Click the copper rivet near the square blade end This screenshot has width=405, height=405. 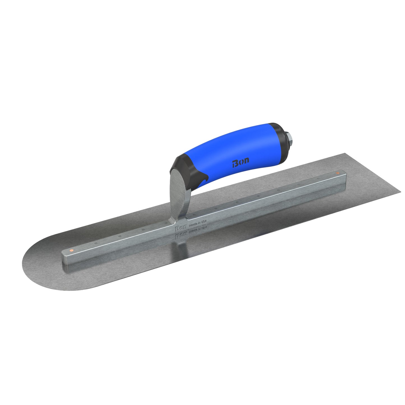337,173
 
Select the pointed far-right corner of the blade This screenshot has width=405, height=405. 400,192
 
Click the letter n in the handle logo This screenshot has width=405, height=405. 246,161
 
